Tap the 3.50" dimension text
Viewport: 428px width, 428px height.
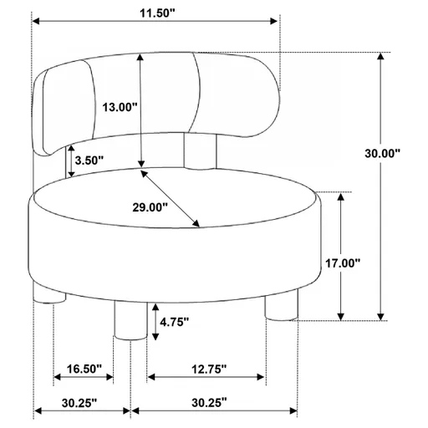click(x=89, y=160)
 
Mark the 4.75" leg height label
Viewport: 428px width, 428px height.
click(x=174, y=321)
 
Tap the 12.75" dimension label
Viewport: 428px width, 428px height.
click(x=206, y=369)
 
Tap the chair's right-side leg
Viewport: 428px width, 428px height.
click(x=281, y=306)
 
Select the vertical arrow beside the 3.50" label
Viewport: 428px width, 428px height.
click(x=71, y=160)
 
